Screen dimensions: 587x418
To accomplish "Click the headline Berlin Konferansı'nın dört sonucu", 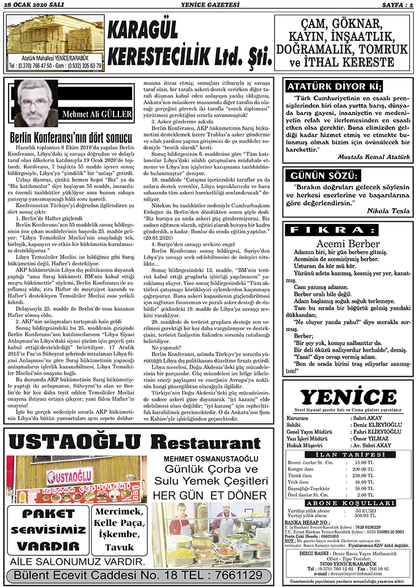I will tap(72, 137).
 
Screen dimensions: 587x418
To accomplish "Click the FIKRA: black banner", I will tap(347, 231).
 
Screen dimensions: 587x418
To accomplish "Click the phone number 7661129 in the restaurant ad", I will tap(237, 575).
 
